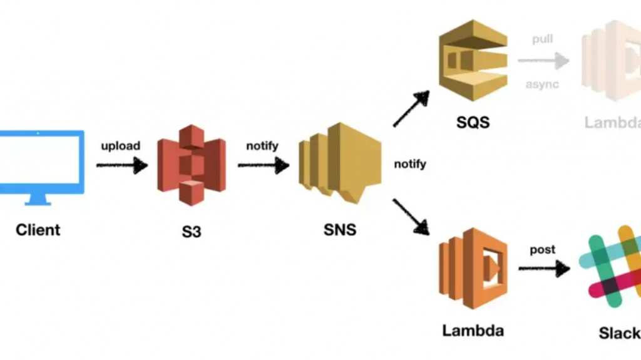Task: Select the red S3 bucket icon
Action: [191, 165]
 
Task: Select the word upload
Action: [121, 146]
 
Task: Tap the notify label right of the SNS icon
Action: [410, 164]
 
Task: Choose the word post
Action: [542, 249]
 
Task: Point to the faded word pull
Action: [542, 39]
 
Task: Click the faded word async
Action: [542, 83]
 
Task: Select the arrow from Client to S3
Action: [122, 165]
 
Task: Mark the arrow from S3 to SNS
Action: [264, 165]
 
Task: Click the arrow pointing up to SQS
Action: [411, 108]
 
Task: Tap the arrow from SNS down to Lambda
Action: [411, 217]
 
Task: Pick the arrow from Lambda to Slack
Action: [544, 269]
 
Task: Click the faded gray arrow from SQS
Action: [543, 61]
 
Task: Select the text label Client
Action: [38, 229]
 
